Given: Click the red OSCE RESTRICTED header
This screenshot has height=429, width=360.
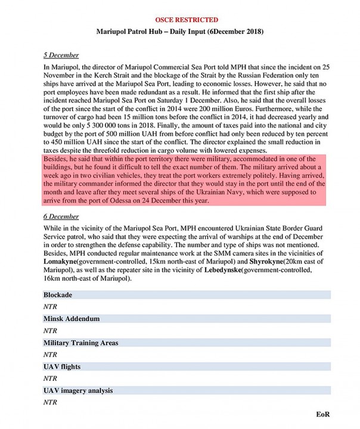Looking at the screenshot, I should (x=179, y=20).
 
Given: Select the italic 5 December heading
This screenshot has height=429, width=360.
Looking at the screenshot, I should (x=61, y=55).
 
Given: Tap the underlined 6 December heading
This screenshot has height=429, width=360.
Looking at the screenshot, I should (x=61, y=217).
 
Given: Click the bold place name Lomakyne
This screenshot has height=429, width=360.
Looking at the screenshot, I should (x=64, y=262).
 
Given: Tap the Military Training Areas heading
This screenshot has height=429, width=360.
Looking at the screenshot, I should (x=80, y=343).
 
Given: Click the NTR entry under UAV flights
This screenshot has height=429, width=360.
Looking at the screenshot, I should (x=51, y=378).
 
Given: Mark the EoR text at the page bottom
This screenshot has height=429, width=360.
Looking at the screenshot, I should (x=322, y=414).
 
